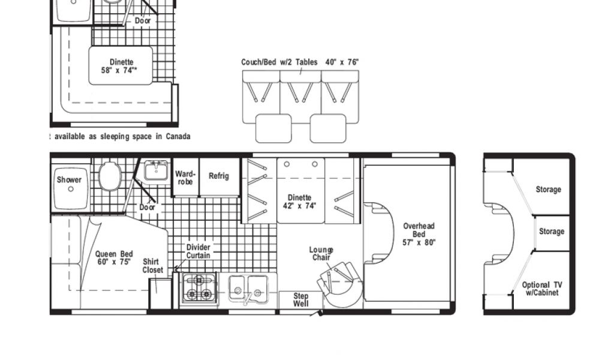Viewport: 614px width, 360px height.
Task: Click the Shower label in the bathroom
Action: [x=70, y=180]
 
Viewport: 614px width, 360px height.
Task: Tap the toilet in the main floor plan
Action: [x=110, y=176]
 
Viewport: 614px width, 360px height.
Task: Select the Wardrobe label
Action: [x=185, y=178]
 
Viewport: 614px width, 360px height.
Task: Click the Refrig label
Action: [x=218, y=176]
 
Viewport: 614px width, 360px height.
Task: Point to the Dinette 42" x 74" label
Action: [x=300, y=202]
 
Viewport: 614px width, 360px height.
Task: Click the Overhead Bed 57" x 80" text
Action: [x=419, y=234]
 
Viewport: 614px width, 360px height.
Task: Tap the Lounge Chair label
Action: [x=321, y=253]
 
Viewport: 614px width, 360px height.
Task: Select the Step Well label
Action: [x=301, y=299]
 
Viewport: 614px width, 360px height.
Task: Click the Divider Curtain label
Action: [x=198, y=251]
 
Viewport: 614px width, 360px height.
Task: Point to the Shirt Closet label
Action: [x=153, y=266]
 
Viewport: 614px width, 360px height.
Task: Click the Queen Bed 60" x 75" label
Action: [x=114, y=258]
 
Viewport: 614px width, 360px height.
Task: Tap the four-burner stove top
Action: [x=199, y=288]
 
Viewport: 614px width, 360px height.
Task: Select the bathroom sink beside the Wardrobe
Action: [x=156, y=170]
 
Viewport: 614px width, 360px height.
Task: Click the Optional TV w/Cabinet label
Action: [x=542, y=289]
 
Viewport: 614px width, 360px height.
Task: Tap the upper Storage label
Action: [x=548, y=190]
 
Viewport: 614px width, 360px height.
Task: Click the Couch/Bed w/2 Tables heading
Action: [x=279, y=62]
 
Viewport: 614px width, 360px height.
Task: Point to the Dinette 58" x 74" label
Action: [x=121, y=66]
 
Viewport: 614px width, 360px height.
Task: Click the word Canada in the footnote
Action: [x=177, y=136]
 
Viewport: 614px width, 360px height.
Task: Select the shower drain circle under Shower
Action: [x=71, y=189]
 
